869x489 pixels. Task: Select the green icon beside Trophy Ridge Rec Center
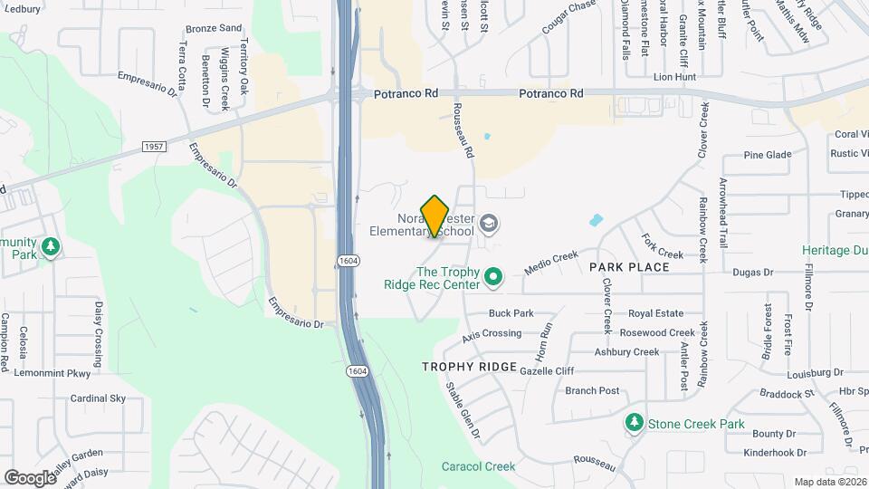pos(493,277)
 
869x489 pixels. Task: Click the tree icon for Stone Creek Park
pos(635,423)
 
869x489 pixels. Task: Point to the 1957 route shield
pos(153,146)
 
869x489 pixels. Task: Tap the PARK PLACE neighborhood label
pos(629,267)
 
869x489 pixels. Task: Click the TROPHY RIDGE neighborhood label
pos(469,367)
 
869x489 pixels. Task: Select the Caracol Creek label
pos(478,466)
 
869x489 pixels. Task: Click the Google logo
pos(30,477)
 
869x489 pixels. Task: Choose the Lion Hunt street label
pos(674,78)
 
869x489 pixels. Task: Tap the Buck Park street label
pos(511,313)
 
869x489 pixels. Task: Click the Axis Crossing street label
pos(492,334)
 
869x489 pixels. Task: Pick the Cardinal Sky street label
pos(98,398)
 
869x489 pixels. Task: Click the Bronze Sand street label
pos(214,28)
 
